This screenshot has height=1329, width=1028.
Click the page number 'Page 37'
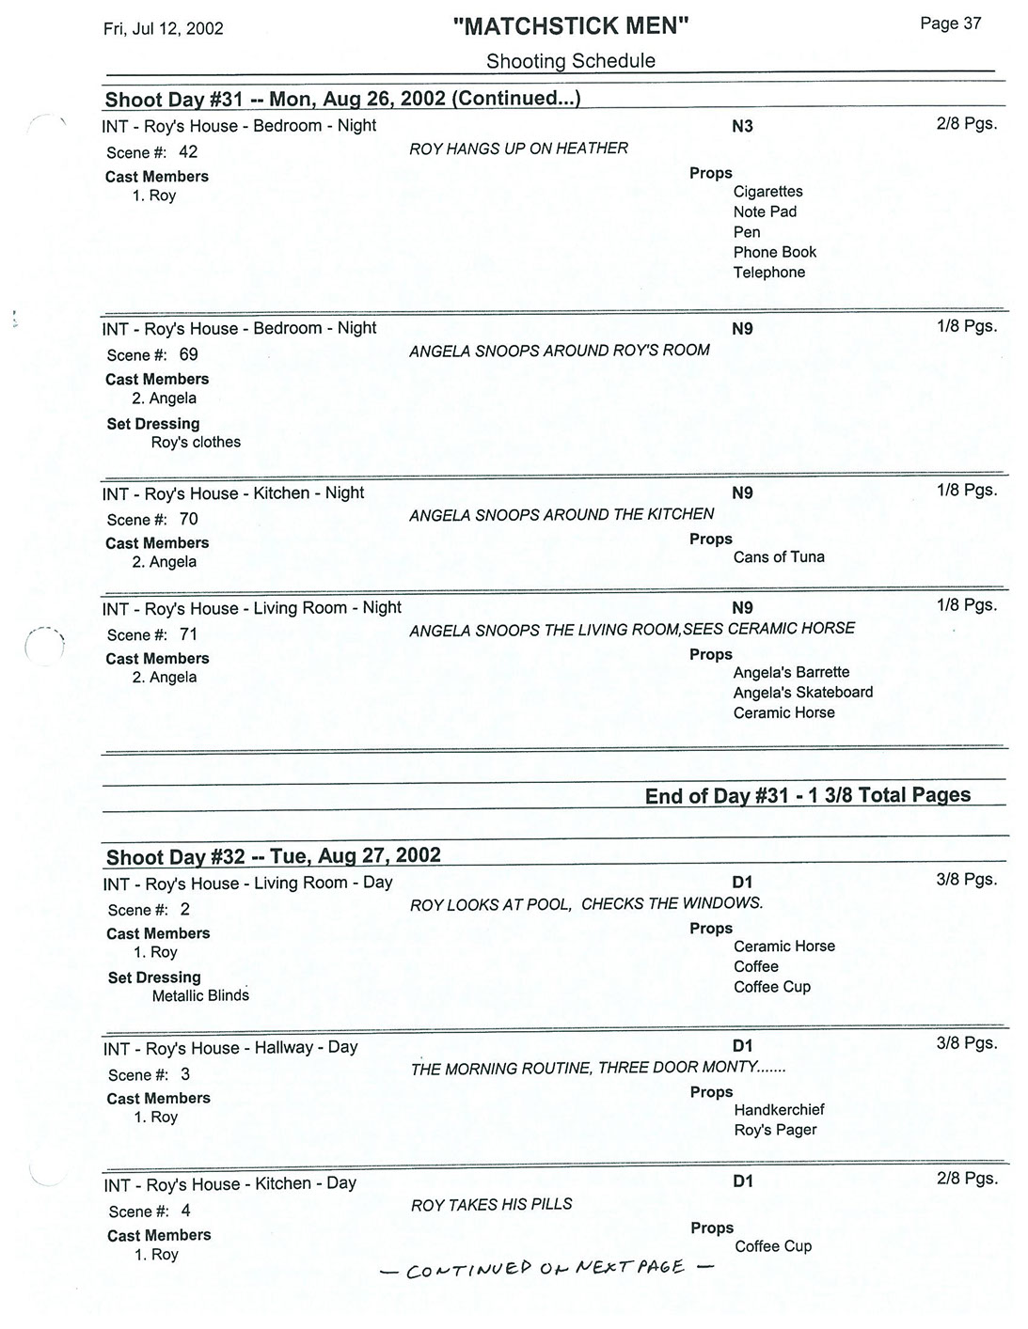[950, 23]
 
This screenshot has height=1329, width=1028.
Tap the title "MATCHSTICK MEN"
[570, 27]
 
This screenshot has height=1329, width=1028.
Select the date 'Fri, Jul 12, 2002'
[164, 28]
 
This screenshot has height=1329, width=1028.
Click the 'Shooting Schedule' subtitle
[570, 61]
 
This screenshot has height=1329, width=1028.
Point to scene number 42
[188, 152]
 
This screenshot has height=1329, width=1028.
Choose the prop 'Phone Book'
[774, 252]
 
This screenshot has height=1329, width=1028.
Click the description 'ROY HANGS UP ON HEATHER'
[518, 149]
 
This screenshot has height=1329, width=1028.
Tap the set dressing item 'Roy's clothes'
[196, 442]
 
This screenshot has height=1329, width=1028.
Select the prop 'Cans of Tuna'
[779, 556]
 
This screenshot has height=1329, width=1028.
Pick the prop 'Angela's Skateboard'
[803, 692]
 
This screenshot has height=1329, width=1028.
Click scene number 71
[188, 634]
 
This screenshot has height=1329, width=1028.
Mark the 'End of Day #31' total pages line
[807, 795]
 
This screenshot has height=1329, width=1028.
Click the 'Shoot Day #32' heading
[273, 856]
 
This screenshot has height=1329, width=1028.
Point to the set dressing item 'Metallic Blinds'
[200, 995]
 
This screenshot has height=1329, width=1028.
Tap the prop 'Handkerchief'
[779, 1110]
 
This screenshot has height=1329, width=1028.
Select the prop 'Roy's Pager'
[775, 1130]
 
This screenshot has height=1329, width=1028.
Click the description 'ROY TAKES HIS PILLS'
[491, 1205]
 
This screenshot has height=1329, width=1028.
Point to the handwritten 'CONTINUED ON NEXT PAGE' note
[546, 1269]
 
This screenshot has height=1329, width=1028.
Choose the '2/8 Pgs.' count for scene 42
[966, 123]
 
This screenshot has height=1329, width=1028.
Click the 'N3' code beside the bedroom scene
[742, 126]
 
